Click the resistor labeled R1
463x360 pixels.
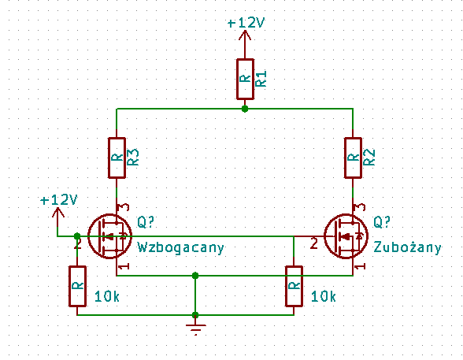245,79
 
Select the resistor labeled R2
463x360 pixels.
353,158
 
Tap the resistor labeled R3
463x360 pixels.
117,158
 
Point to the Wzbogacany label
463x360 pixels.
181,247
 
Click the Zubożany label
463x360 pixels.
408,247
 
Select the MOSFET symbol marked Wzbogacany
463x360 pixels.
110,236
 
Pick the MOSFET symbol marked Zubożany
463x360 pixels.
346,236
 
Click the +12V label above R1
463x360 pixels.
246,23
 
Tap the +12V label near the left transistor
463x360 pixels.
58,200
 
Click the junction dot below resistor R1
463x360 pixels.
245,109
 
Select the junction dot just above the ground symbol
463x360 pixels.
195,315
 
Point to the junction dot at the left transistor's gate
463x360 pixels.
77,236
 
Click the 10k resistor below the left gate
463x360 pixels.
77,286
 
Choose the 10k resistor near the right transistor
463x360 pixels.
294,286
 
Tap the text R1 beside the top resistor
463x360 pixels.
261,79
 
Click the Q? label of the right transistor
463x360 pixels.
382,222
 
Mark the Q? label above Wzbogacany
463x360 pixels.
146,222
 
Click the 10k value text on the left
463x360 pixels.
107,296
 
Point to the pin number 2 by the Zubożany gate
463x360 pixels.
314,244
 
